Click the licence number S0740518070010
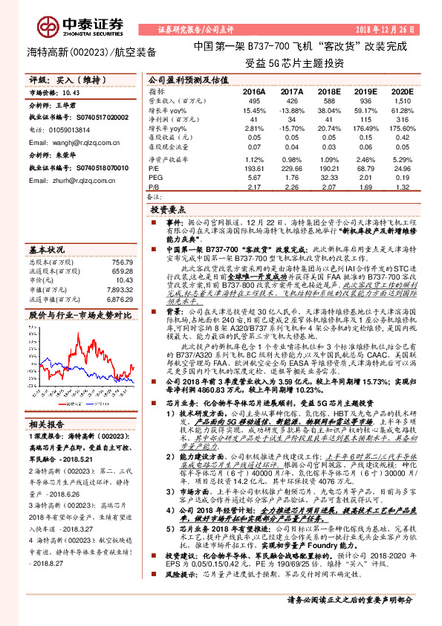coord(90,168)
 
